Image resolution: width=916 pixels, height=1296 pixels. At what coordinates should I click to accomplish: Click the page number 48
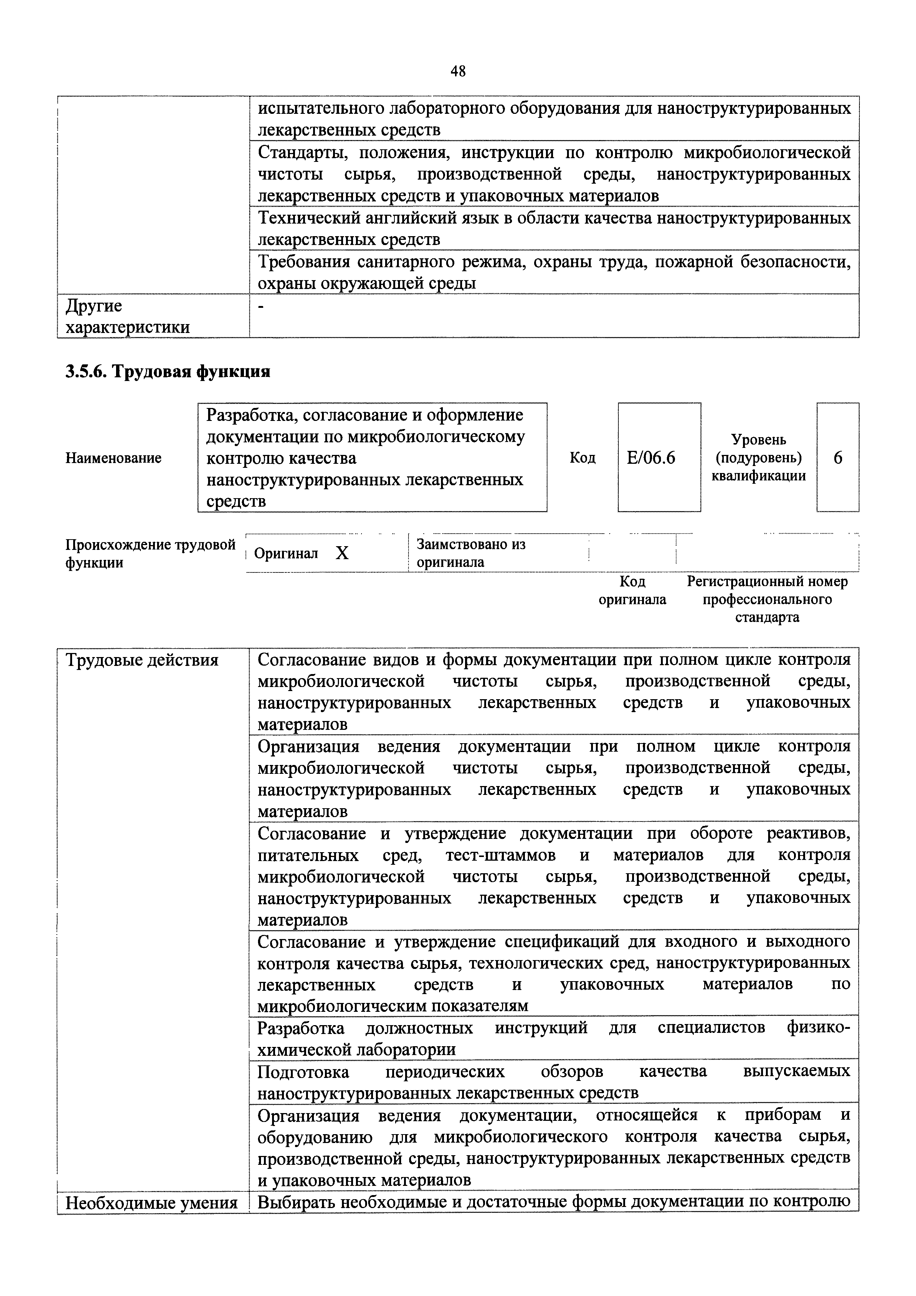pyautogui.click(x=458, y=71)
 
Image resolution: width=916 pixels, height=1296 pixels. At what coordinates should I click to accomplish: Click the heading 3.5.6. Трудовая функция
pyautogui.click(x=168, y=371)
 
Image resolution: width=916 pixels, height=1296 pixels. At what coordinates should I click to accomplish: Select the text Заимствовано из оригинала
pyautogui.click(x=471, y=553)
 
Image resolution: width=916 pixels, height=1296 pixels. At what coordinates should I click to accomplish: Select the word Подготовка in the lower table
pyautogui.click(x=303, y=1071)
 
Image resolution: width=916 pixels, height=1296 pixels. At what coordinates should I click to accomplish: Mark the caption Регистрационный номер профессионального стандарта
pyautogui.click(x=767, y=599)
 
